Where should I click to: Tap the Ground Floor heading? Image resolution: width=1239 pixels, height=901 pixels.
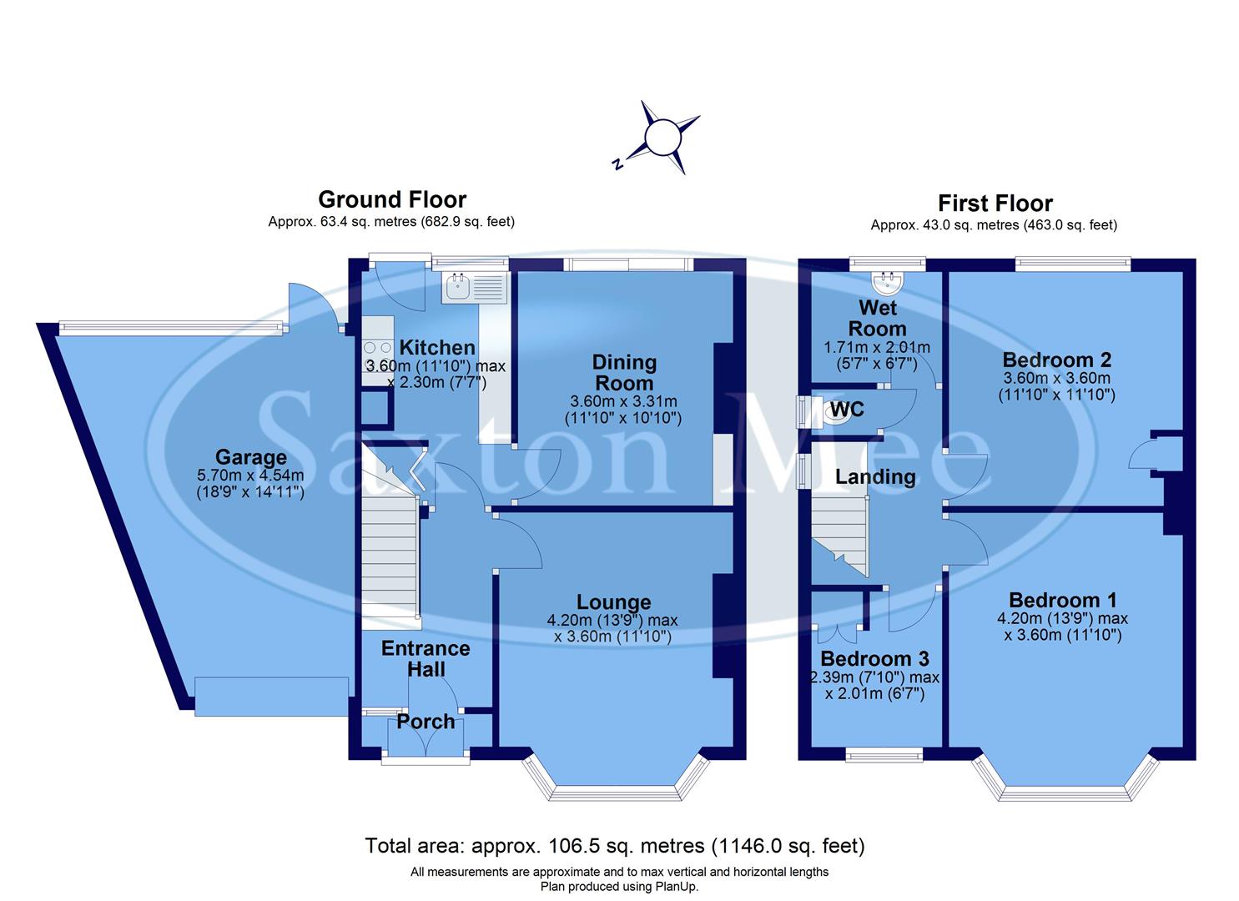click(x=392, y=200)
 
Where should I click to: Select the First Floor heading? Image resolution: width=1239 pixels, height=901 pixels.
click(x=995, y=204)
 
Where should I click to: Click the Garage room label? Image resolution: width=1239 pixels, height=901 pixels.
click(x=251, y=457)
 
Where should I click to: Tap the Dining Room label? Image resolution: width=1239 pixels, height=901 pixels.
click(x=624, y=373)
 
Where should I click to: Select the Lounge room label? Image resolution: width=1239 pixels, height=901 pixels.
click(x=613, y=602)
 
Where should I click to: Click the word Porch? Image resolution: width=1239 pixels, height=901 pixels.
click(x=426, y=722)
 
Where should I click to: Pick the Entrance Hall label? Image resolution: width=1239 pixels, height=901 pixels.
click(x=426, y=658)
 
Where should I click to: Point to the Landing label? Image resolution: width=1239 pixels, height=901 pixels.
click(x=875, y=477)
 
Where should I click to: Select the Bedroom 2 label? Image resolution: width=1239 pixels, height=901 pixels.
click(x=1056, y=360)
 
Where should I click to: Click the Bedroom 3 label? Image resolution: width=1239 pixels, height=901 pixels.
click(x=874, y=659)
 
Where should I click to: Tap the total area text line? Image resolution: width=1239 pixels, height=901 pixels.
click(x=615, y=846)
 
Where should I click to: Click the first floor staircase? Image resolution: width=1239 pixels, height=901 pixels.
click(x=839, y=534)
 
